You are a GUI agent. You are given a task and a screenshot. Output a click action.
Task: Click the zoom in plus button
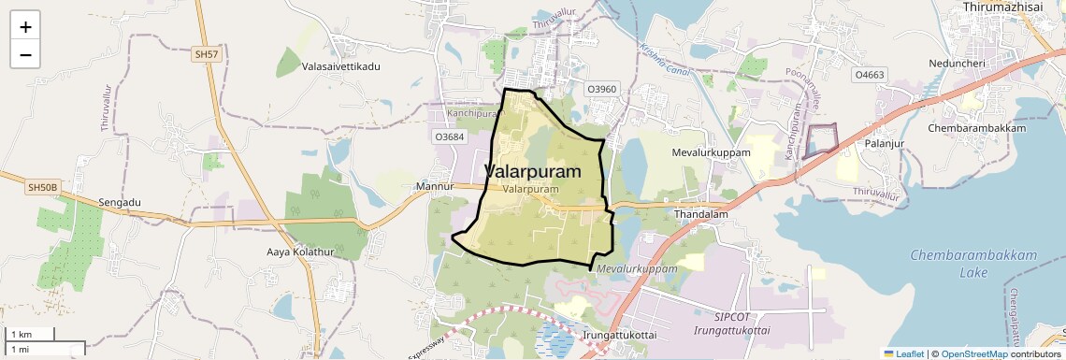click(25, 27)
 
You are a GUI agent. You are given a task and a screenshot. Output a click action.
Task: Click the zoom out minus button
click(25, 54)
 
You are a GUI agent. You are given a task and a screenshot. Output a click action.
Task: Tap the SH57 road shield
click(207, 56)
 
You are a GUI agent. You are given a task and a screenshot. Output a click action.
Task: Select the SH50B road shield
click(43, 188)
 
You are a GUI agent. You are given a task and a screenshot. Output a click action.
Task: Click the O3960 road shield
click(602, 89)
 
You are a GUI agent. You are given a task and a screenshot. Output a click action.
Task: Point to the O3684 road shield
click(449, 137)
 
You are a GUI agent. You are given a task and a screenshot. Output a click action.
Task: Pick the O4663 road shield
click(868, 74)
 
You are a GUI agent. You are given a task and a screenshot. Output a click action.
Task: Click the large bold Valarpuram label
click(533, 172)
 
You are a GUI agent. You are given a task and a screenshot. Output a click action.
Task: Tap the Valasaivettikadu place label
click(341, 67)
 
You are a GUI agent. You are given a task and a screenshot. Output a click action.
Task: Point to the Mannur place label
click(433, 187)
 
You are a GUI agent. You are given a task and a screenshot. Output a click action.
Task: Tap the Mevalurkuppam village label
click(712, 151)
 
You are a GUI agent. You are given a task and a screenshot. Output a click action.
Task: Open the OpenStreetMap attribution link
click(973, 353)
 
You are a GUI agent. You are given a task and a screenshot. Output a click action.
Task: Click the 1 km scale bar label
click(22, 335)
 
